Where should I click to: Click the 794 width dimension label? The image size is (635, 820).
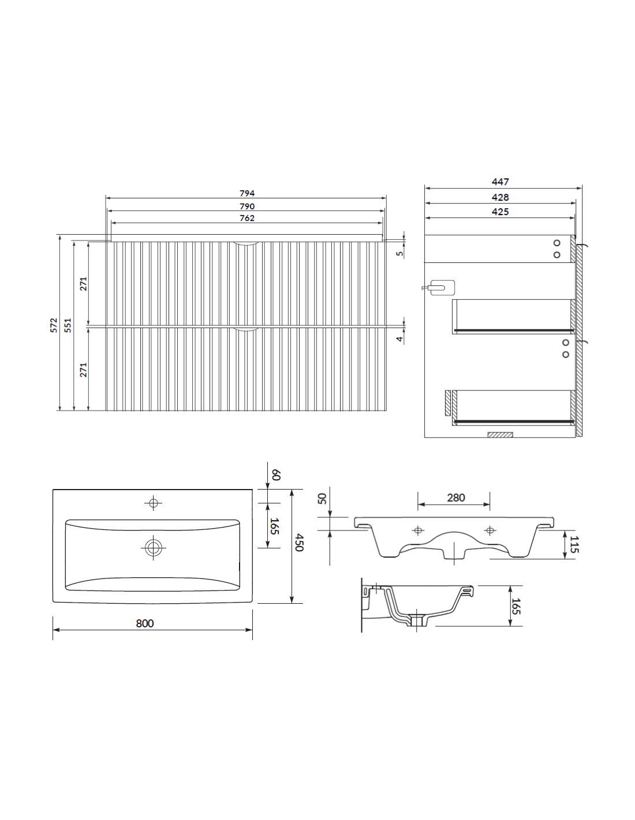click(246, 193)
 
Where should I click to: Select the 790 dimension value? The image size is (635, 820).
click(246, 206)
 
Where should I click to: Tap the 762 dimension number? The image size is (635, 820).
click(246, 218)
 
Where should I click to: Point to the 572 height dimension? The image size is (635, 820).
click(54, 325)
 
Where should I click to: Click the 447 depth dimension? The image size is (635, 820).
click(500, 182)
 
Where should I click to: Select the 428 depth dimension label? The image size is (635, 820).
click(500, 197)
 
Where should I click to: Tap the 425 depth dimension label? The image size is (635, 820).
click(500, 212)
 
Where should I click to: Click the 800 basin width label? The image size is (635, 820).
click(145, 623)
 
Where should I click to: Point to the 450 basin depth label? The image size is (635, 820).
click(299, 543)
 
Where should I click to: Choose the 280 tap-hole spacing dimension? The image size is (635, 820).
click(456, 498)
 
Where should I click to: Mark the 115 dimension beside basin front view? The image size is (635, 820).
click(574, 544)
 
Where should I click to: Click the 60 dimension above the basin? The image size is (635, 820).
click(276, 475)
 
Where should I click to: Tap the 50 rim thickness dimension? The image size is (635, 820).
click(322, 498)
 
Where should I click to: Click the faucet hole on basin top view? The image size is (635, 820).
click(154, 503)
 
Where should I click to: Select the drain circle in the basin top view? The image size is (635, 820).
click(154, 548)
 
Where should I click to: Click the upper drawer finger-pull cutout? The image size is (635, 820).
click(246, 243)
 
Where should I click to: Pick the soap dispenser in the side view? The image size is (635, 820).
click(439, 288)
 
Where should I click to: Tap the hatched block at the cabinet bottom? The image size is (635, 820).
click(500, 435)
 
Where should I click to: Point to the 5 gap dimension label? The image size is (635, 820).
click(399, 253)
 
